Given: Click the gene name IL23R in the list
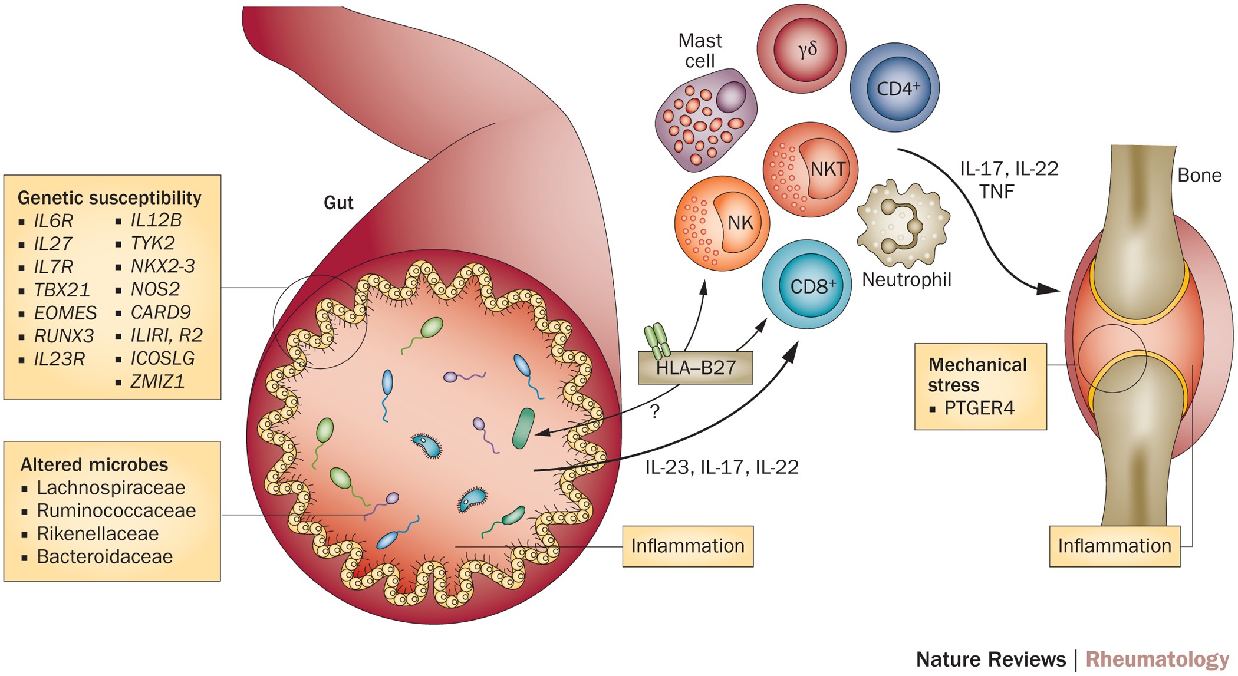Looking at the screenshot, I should click(x=59, y=359).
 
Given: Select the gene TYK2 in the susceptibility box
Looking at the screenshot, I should click(x=152, y=243).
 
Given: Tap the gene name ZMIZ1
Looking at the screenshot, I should click(x=157, y=381).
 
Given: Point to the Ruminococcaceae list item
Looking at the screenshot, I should click(x=116, y=510).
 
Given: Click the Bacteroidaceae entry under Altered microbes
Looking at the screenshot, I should click(x=104, y=556).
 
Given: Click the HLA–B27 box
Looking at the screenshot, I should click(x=696, y=368).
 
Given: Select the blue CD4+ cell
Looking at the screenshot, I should click(x=894, y=88).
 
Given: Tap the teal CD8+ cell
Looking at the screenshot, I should click(x=807, y=285).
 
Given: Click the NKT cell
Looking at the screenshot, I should click(x=811, y=169).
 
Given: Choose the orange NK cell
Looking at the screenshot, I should click(x=722, y=223).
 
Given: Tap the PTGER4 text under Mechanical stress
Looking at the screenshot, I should click(x=979, y=408).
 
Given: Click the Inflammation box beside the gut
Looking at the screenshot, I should click(x=687, y=546).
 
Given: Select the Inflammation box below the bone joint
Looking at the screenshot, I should click(x=1114, y=546).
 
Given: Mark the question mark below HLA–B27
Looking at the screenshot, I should click(x=654, y=411).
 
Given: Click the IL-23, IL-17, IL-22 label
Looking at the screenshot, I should click(x=722, y=467).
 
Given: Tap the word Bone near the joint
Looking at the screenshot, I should click(x=1199, y=175).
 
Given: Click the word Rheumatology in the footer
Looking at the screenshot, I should click(x=1157, y=659).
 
